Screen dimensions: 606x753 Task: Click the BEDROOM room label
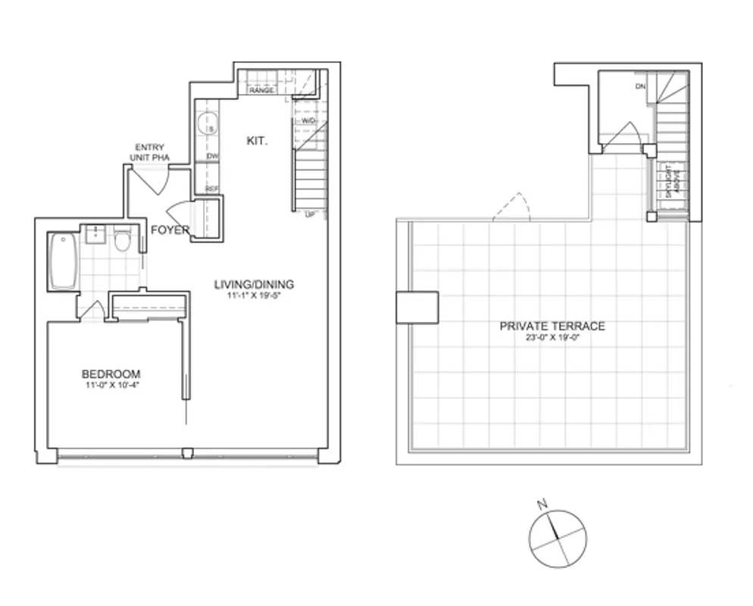[111, 373]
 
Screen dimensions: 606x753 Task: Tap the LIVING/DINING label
[253, 285]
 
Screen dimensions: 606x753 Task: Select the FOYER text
[170, 230]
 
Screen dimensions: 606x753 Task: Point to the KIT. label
[257, 141]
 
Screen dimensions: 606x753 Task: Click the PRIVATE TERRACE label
[551, 326]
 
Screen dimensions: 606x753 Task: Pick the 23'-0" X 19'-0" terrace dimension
[551, 338]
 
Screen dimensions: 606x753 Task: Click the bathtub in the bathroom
[63, 262]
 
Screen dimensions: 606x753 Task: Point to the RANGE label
[261, 90]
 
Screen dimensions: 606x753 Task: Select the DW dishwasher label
[212, 157]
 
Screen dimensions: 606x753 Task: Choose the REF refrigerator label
[211, 189]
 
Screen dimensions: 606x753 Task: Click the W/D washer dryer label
[308, 121]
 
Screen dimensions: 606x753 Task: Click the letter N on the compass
[541, 504]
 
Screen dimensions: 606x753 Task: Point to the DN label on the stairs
[640, 86]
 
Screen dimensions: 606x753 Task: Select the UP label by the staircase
[309, 214]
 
